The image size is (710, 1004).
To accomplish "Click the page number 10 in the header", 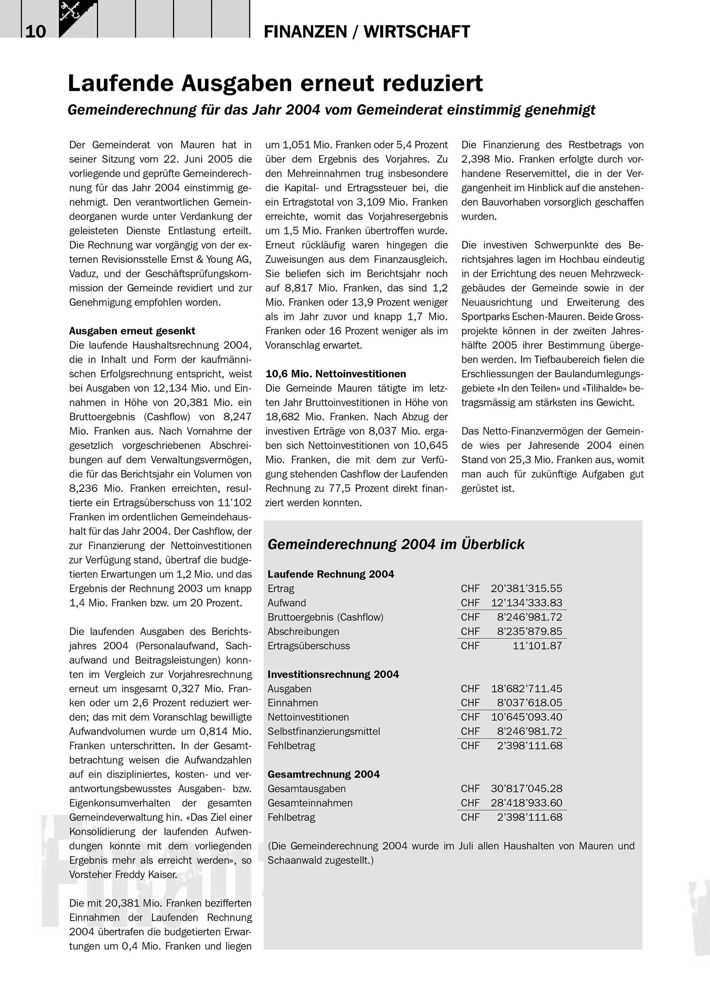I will (x=35, y=32).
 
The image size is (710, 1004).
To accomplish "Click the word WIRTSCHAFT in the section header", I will (x=417, y=32).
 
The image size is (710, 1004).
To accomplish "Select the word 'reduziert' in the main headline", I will (x=433, y=84).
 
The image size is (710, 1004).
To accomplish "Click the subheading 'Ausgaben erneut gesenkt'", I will (x=132, y=331).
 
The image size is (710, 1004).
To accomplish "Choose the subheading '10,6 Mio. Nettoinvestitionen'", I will (x=335, y=374).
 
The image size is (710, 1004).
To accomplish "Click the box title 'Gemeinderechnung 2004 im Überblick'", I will (x=396, y=544).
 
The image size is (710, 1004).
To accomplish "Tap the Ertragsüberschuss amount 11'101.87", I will (x=537, y=646).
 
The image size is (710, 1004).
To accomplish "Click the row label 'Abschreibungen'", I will (x=303, y=632).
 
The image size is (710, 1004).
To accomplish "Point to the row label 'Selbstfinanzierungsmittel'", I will (x=324, y=731).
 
